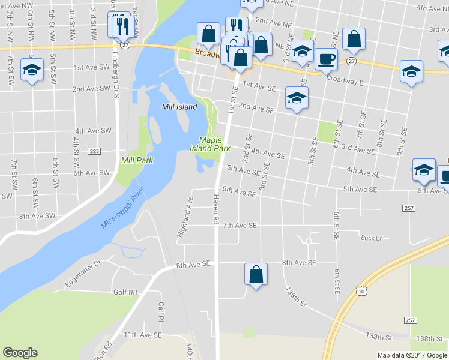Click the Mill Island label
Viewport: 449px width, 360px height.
pos(179,107)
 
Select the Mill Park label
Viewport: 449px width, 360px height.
pos(137,160)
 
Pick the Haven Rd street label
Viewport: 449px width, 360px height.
pos(215,212)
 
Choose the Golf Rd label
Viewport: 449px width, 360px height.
pos(125,292)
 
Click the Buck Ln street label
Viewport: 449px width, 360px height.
pos(372,238)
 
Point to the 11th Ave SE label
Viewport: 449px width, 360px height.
pos(142,334)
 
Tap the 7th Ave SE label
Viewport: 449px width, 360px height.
pos(240,225)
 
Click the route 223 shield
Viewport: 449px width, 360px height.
pos(94,151)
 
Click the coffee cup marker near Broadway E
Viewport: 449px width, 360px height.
pos(326,59)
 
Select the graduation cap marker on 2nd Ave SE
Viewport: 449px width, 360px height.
pos(297,98)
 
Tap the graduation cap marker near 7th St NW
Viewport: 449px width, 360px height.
pos(32,70)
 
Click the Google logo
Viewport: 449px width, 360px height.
pos(20,353)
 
